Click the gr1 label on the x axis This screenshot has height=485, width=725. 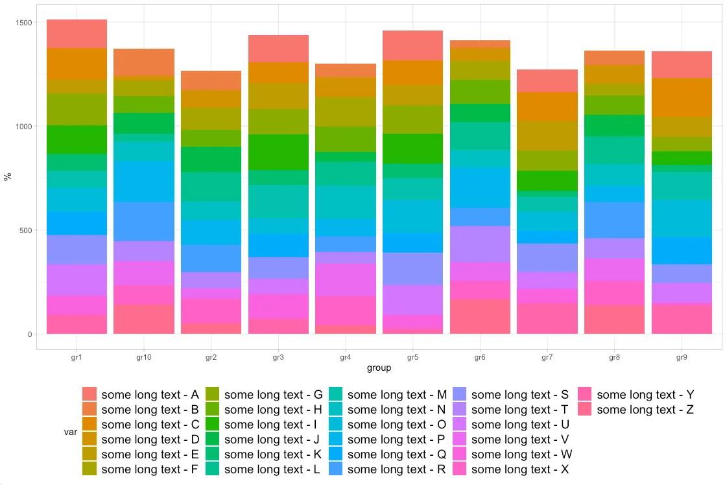pyautogui.click(x=77, y=358)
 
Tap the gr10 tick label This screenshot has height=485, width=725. pyautogui.click(x=144, y=358)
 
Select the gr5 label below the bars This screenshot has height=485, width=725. pyautogui.click(x=412, y=358)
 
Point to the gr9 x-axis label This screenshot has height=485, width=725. pyautogui.click(x=682, y=358)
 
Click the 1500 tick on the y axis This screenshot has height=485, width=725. pyautogui.click(x=23, y=23)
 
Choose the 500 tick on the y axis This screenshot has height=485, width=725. pyautogui.click(x=26, y=230)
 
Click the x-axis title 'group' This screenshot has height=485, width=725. pyautogui.click(x=379, y=368)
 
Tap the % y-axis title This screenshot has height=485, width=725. pyautogui.click(x=9, y=177)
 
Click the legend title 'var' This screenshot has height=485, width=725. pyautogui.click(x=71, y=432)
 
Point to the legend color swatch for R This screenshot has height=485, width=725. pyautogui.click(x=336, y=469)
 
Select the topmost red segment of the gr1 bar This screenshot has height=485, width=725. pyautogui.click(x=77, y=34)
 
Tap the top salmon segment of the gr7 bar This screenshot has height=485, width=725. pyautogui.click(x=547, y=81)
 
